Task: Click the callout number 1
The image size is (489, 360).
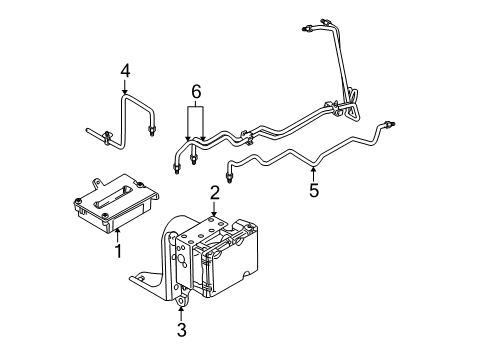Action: [x=117, y=250]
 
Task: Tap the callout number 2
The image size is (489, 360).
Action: [x=214, y=192]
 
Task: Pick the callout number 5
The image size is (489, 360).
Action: [x=313, y=189]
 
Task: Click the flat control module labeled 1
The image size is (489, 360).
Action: [x=110, y=205]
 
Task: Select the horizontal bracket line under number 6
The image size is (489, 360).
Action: [x=196, y=107]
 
